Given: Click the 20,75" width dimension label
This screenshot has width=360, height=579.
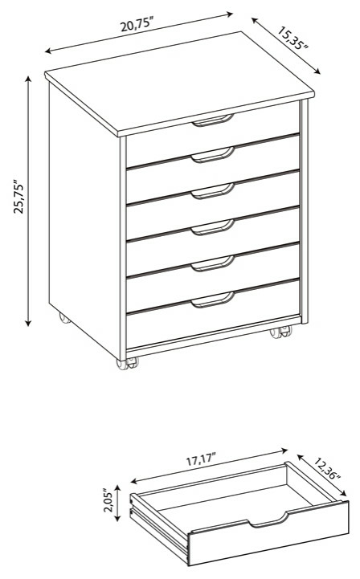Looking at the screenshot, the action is (x=137, y=25).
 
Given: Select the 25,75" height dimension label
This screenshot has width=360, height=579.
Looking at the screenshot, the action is (x=18, y=197).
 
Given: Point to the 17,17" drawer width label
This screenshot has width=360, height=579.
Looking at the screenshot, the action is (x=201, y=460).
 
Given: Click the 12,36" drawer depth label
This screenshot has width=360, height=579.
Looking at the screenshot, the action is (x=327, y=469).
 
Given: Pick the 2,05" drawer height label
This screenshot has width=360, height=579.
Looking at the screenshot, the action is (x=108, y=501).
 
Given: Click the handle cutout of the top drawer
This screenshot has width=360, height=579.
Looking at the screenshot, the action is (x=213, y=120).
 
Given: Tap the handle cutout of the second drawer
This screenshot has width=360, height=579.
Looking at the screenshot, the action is (x=213, y=155).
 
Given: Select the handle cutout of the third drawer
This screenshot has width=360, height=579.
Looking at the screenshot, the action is (x=213, y=191).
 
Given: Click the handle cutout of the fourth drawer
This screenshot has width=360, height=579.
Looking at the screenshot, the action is (x=213, y=227).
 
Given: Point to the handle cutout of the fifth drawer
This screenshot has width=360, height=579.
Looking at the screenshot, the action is (x=213, y=263).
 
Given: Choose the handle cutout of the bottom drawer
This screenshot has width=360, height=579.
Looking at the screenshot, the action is (x=213, y=300).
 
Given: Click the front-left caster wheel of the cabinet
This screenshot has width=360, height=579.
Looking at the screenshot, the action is (x=127, y=363).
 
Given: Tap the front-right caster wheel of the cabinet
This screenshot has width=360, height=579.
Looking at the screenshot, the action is (x=280, y=332).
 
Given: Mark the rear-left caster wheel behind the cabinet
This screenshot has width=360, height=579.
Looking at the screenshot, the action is (x=64, y=318).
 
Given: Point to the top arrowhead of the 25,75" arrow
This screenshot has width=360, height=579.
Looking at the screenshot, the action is (x=28, y=80).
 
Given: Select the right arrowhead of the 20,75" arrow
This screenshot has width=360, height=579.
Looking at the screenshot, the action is (x=230, y=14).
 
